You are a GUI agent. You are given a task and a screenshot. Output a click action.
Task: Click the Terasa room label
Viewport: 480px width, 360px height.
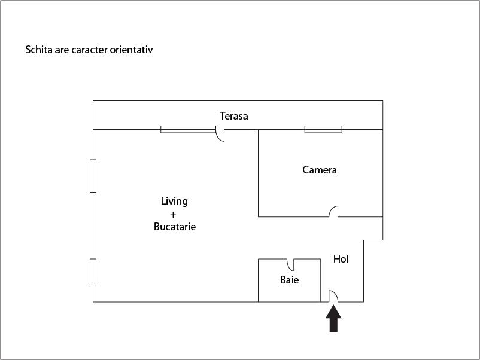coord(234,116)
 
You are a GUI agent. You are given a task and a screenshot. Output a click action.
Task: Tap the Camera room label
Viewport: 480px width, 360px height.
coord(320,170)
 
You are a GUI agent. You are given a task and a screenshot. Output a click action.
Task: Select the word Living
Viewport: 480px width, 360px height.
coord(175,202)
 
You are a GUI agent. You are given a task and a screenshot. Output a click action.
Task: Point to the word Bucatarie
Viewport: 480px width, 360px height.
coord(175,227)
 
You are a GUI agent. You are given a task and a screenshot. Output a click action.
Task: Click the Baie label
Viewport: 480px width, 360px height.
coord(290,280)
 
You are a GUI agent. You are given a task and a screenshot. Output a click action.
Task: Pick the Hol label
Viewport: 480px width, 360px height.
coord(341,259)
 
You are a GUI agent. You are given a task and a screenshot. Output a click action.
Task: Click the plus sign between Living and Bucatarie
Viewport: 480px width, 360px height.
coord(173,215)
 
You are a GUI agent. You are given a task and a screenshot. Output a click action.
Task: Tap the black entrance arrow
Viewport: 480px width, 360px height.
coord(333,319)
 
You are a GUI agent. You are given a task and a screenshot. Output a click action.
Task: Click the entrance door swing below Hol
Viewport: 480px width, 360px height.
coord(333,296)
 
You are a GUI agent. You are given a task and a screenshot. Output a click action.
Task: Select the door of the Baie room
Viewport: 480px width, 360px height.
coord(290,265)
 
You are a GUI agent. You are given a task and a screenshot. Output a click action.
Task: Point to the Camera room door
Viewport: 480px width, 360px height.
coord(333,211)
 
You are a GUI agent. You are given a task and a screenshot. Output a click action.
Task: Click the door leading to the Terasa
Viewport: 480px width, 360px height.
coord(220,135)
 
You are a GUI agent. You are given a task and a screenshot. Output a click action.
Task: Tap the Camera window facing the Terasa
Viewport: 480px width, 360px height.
coord(323,129)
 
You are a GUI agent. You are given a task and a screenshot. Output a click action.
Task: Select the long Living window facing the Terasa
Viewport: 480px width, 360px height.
coord(189,129)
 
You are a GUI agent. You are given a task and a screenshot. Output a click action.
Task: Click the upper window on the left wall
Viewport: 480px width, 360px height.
coord(93,176)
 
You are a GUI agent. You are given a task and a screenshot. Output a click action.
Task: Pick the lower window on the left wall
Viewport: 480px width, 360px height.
coord(93,271)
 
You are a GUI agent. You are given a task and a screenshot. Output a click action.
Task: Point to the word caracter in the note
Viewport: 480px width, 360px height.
coord(89,50)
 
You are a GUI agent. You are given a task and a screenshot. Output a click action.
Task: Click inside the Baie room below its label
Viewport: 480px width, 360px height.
coord(290,293)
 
